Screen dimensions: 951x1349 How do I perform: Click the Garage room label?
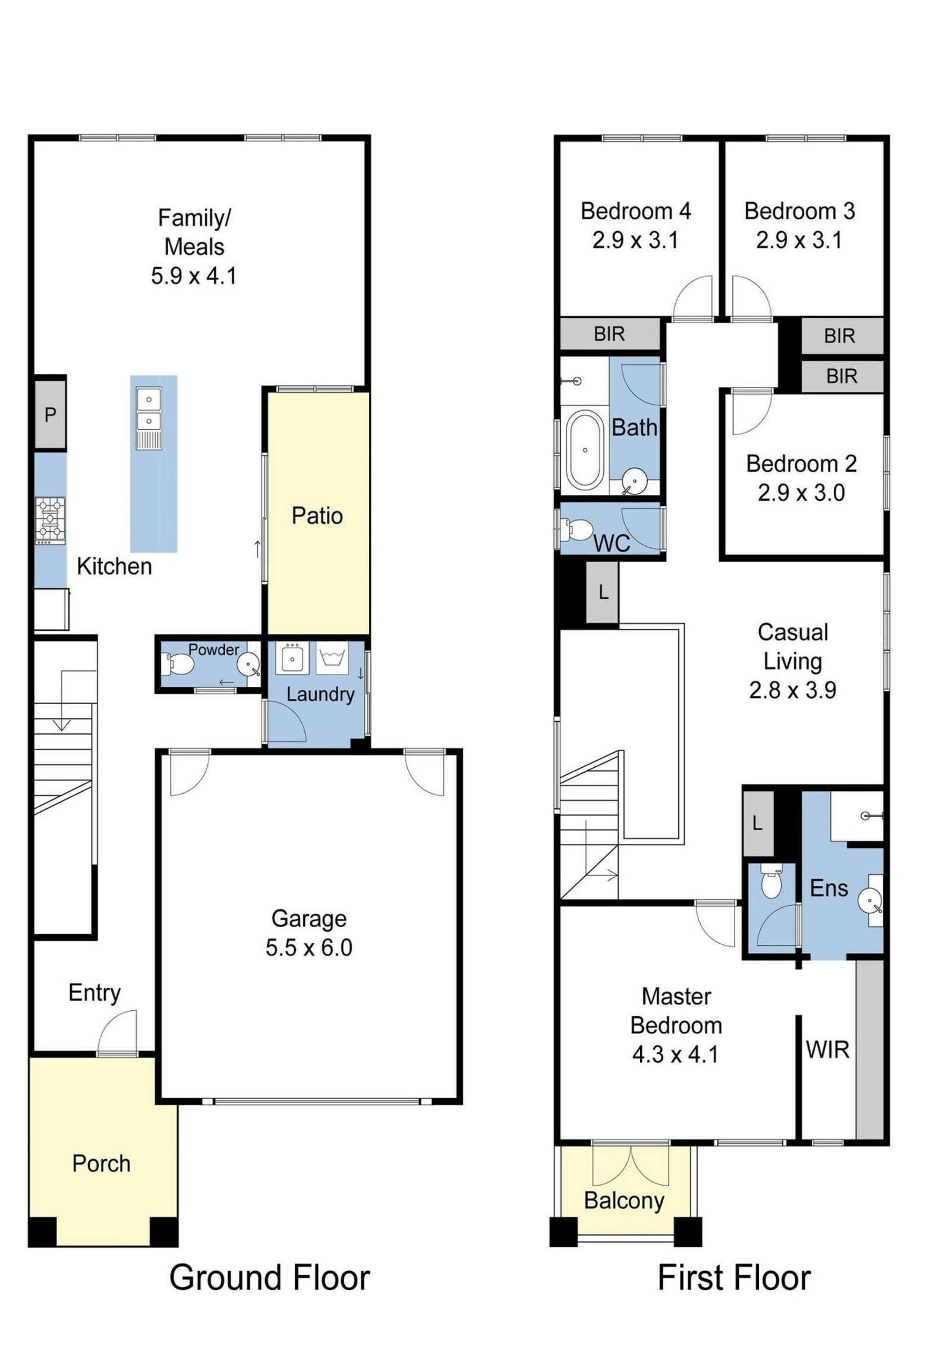(x=308, y=918)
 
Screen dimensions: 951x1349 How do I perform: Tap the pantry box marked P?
(x=50, y=414)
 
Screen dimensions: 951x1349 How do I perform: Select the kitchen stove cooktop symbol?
(x=50, y=521)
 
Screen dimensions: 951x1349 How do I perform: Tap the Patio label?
(x=317, y=515)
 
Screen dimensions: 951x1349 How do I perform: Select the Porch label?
(x=101, y=1164)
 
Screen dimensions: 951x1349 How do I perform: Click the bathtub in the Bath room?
(x=585, y=450)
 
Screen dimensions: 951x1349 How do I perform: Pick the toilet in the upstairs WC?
(x=575, y=528)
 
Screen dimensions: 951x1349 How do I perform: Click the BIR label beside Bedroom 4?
(x=609, y=334)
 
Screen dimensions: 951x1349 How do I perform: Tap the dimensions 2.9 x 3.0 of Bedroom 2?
(x=801, y=493)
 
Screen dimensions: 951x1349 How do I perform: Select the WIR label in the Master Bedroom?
(x=827, y=1050)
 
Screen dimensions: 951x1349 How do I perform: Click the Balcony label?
(x=624, y=1201)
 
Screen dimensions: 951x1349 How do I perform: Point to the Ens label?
(x=829, y=888)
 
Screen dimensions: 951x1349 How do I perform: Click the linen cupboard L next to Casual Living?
(x=603, y=592)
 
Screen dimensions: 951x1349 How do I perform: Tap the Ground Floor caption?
(x=269, y=1278)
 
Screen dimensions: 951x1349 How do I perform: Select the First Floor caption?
(x=733, y=1278)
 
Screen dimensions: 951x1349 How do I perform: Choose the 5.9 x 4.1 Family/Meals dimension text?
(x=194, y=276)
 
